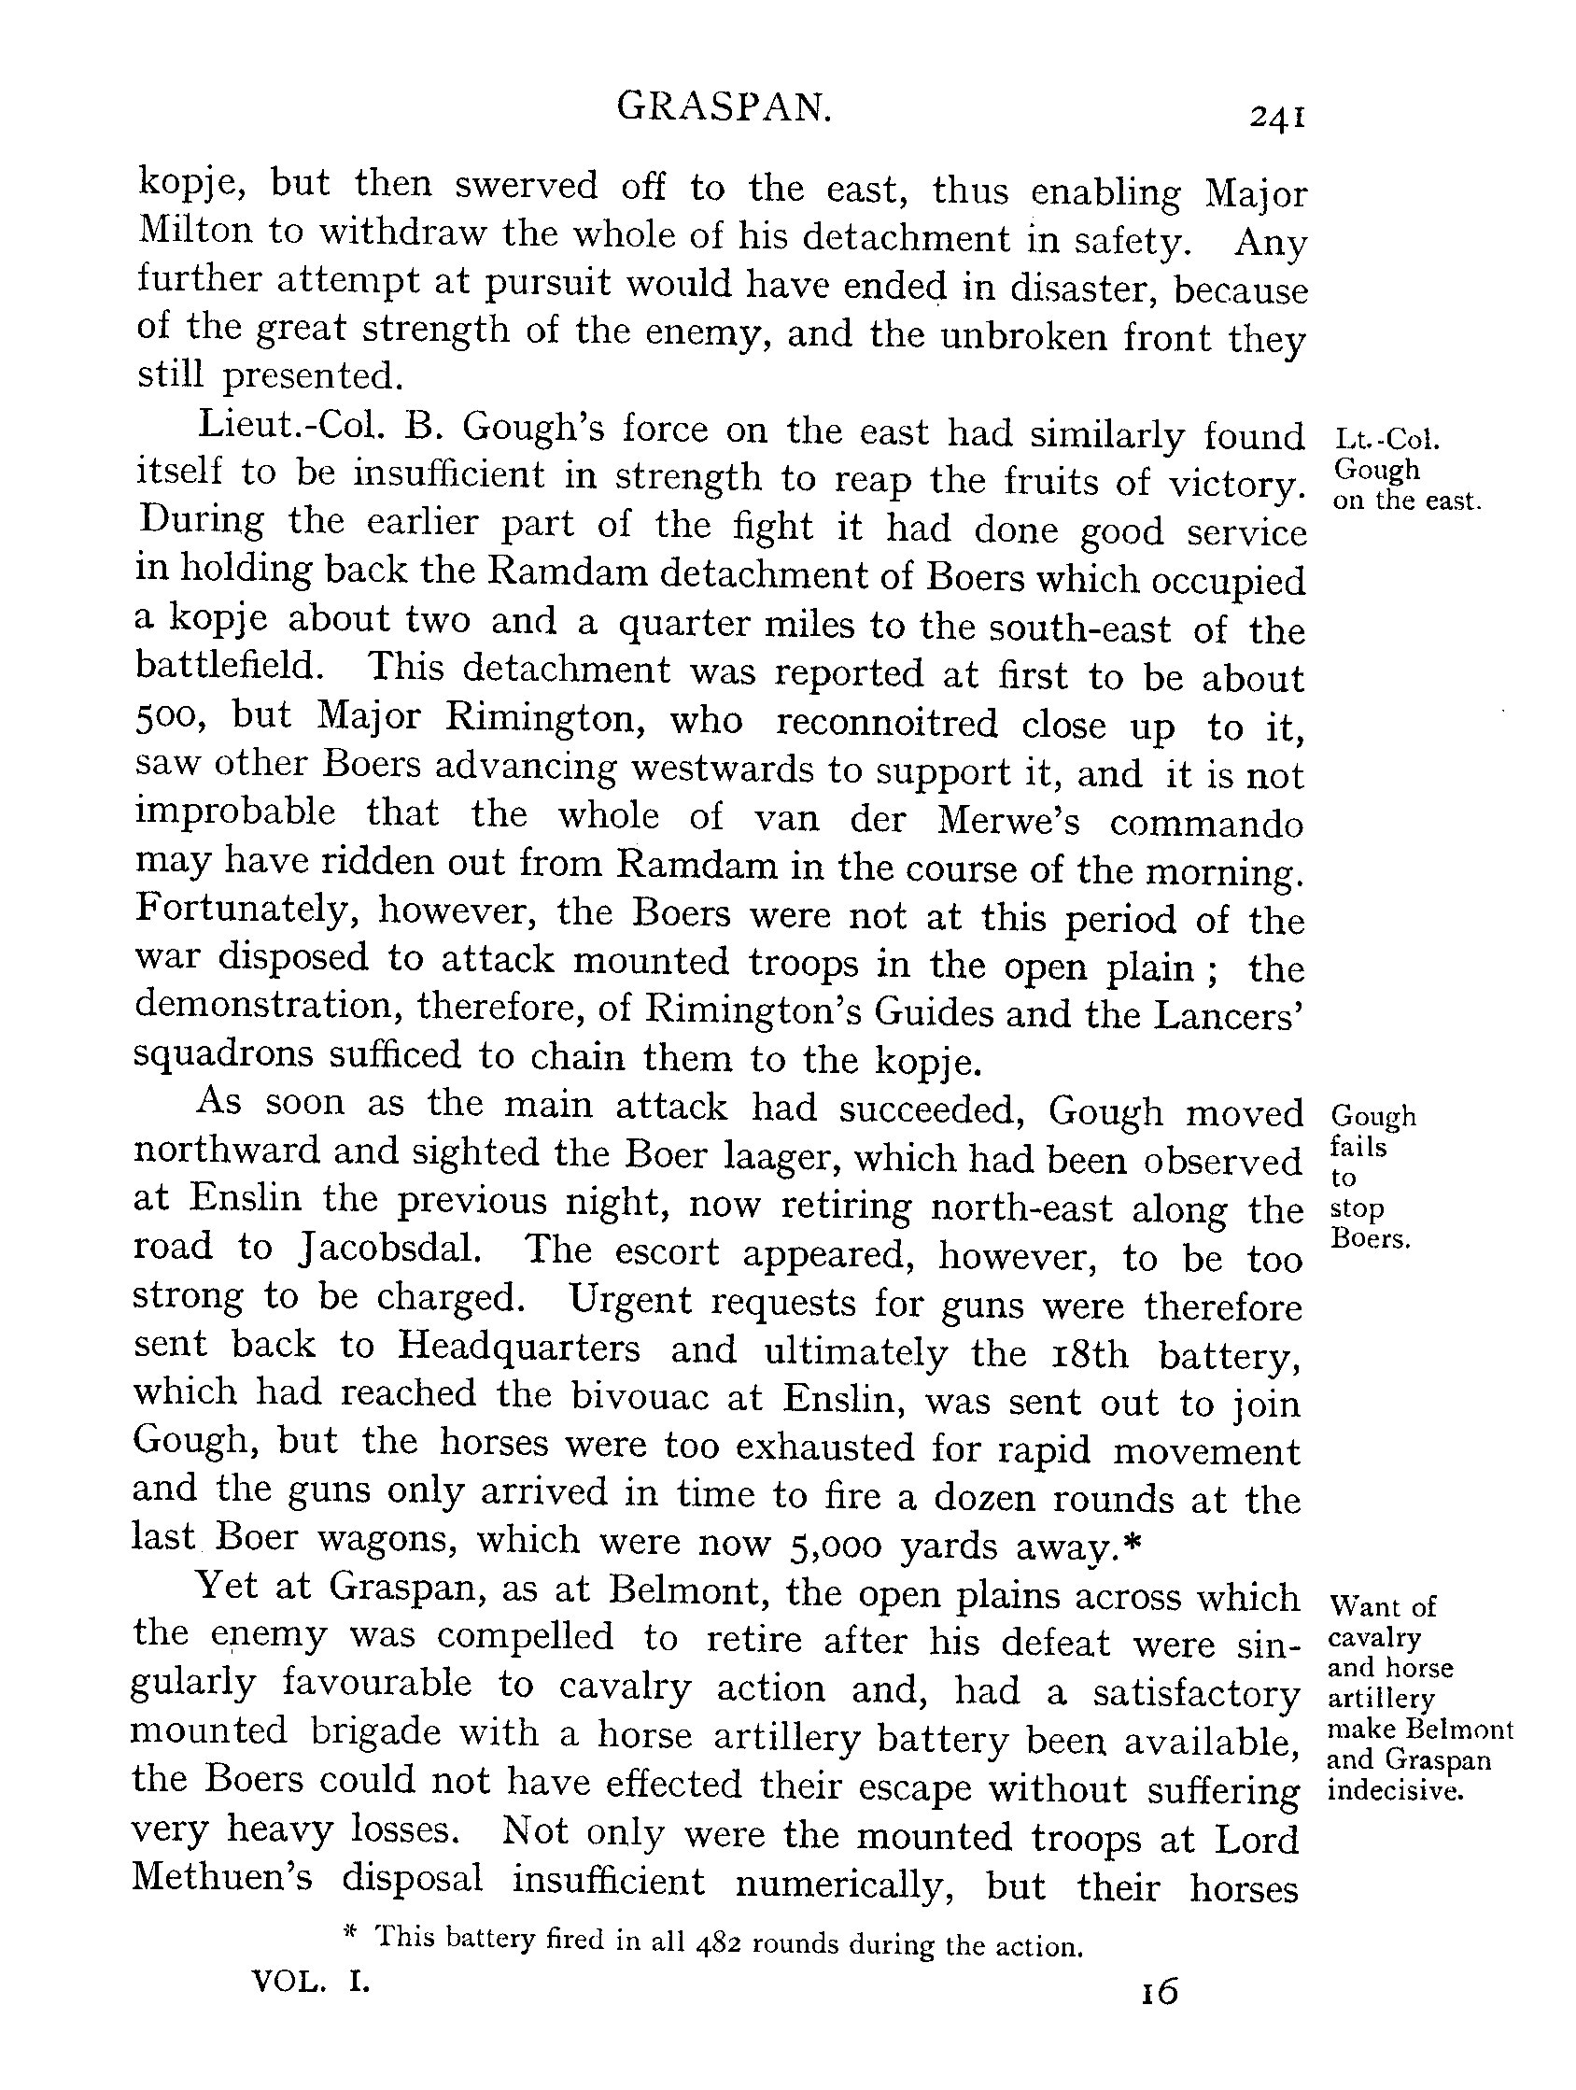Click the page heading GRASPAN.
(x=725, y=108)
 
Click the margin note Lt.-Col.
(x=1386, y=438)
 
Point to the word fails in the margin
(x=1358, y=1147)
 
